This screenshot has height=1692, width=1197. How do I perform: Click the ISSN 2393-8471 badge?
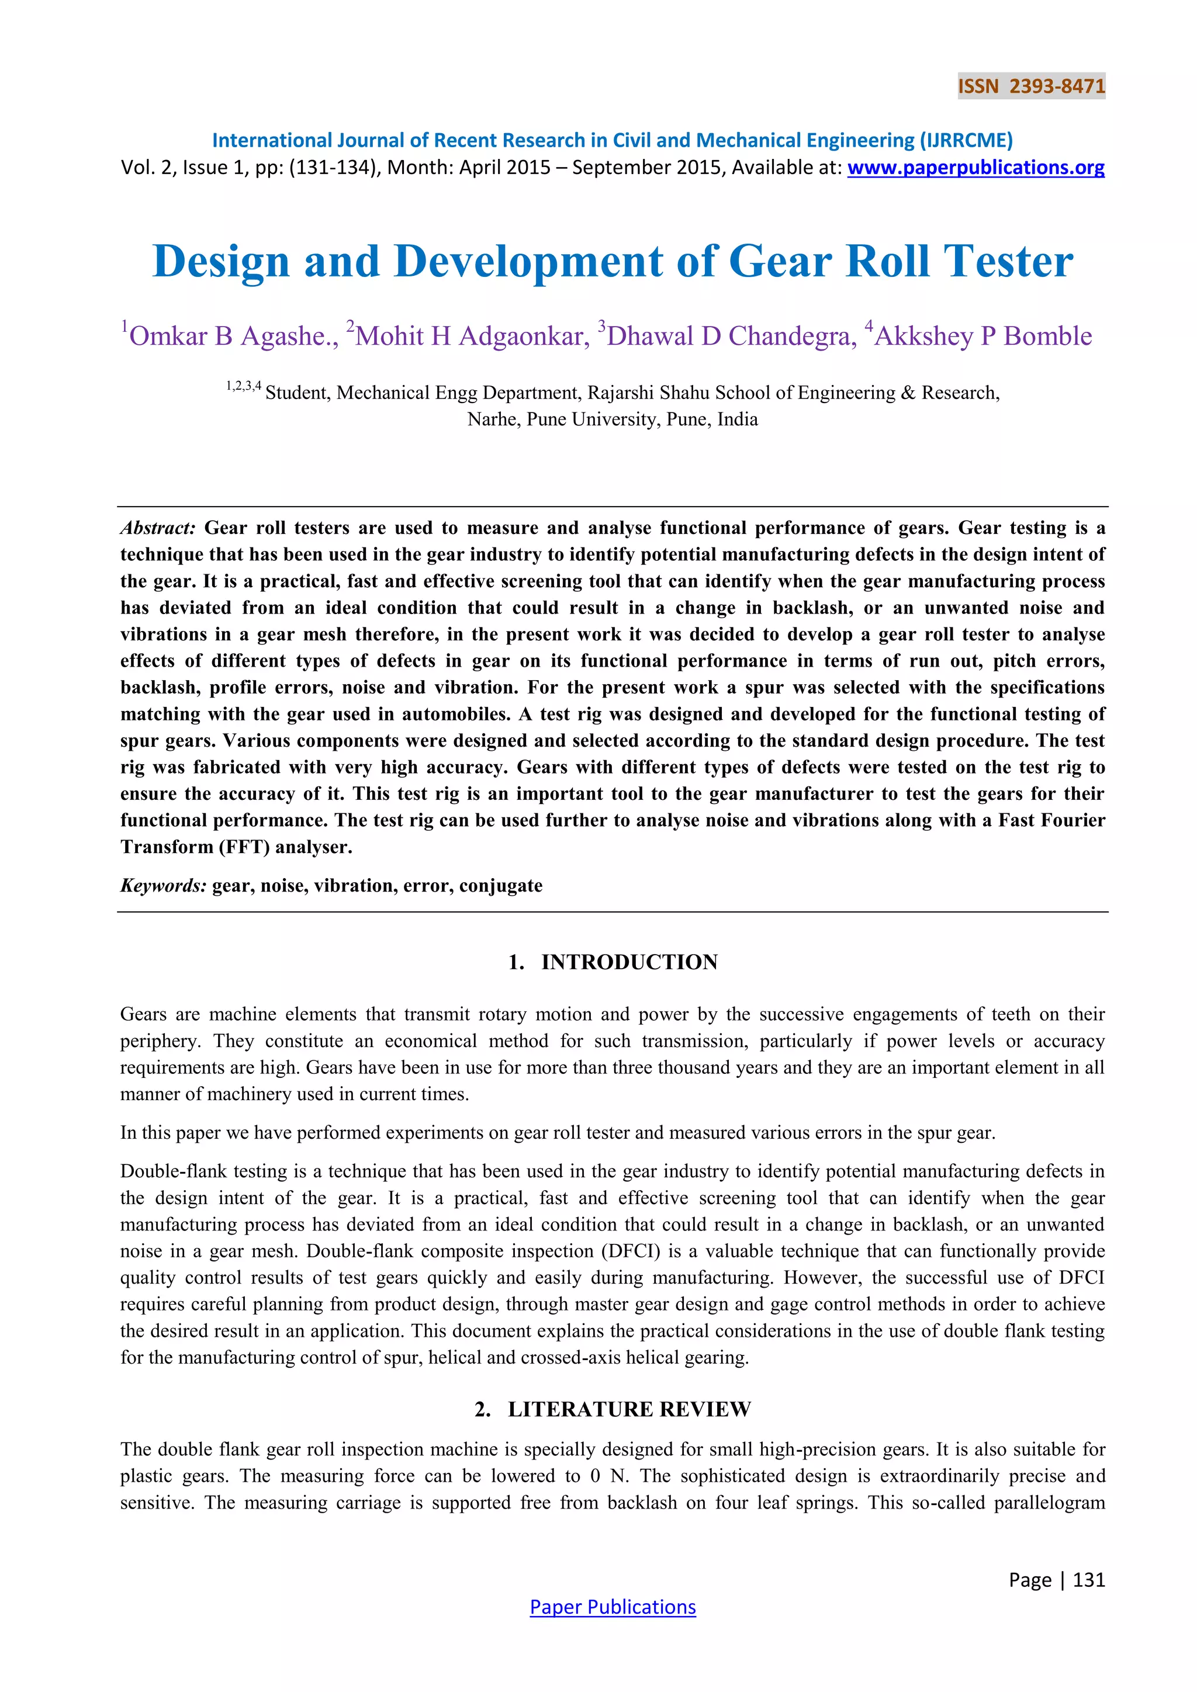coord(1031,86)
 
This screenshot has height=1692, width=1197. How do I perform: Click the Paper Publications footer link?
coord(613,1607)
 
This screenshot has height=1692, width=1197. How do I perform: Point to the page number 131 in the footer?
coord(1089,1579)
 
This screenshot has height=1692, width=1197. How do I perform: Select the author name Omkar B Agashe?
coord(230,336)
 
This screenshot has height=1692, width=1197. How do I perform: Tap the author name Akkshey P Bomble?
coord(982,336)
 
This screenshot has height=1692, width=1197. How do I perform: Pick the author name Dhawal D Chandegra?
coord(731,336)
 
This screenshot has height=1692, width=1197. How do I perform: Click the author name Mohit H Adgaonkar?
coord(472,336)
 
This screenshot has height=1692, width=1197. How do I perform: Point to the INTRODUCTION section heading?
coord(629,962)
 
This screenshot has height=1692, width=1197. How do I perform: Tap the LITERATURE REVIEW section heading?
coord(629,1409)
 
